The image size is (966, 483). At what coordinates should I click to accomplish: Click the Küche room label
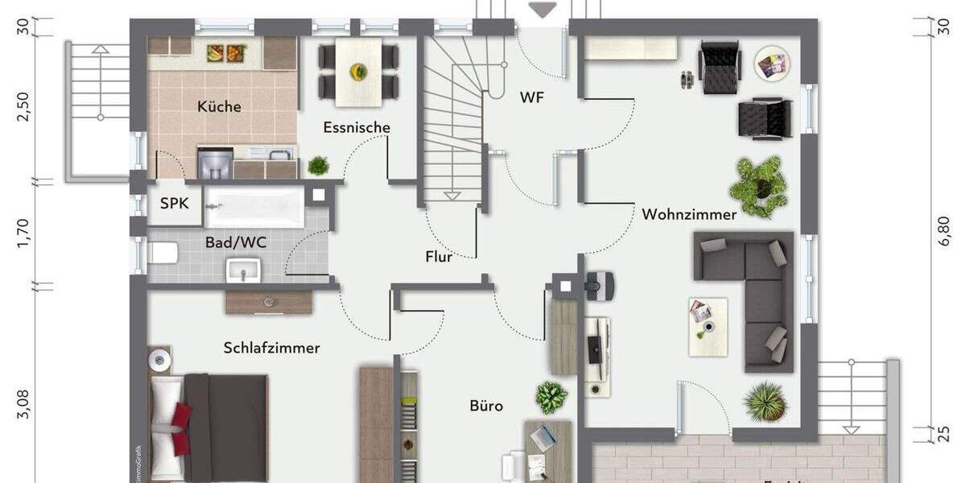point(219,106)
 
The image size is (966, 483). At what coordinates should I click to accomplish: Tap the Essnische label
point(357,127)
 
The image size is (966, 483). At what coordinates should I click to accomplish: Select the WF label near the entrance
point(531,97)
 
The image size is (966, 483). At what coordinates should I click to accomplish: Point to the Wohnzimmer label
point(689,215)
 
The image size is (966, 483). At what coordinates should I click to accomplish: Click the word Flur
point(439,258)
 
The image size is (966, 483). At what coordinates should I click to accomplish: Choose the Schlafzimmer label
point(271,348)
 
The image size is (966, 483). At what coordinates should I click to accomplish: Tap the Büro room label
point(486,406)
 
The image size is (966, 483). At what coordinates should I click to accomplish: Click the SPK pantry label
point(174,204)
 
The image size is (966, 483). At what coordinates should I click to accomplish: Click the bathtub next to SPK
point(254,208)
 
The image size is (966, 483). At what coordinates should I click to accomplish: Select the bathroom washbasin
point(243,270)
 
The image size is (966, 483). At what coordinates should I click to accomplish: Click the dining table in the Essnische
point(357,72)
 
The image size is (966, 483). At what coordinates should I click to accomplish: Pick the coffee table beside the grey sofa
point(708,326)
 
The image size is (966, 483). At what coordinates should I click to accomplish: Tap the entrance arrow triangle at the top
point(543,10)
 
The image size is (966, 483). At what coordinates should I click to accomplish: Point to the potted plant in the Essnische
point(319,166)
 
